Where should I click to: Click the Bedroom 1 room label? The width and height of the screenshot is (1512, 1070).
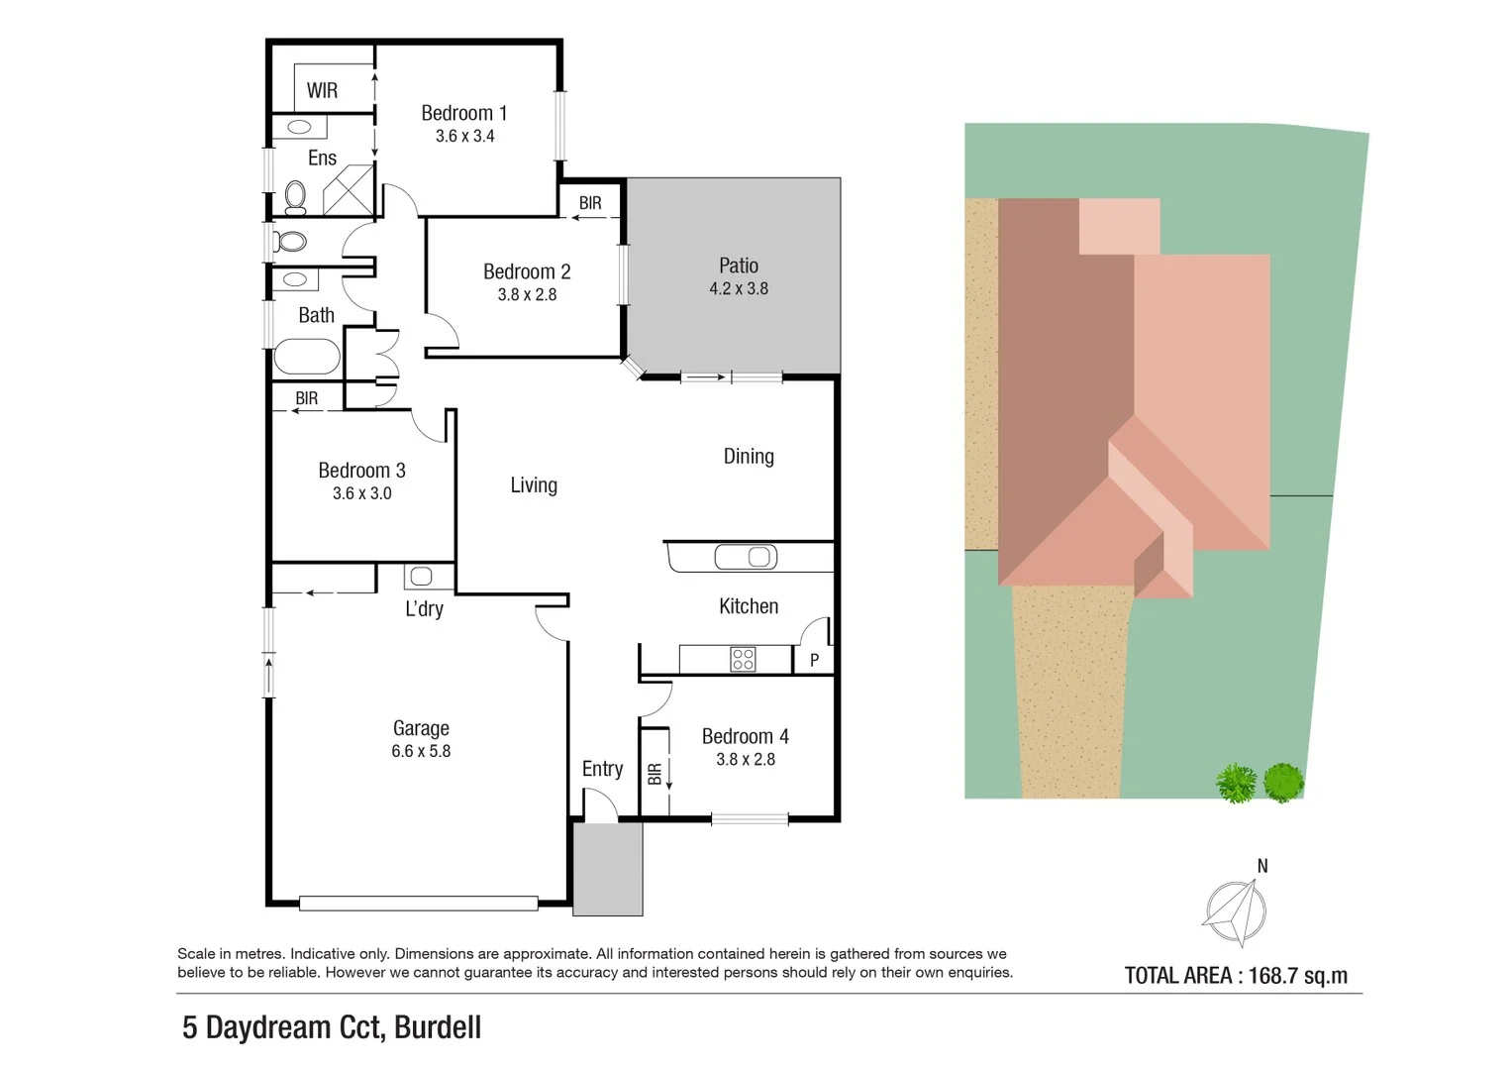point(463,113)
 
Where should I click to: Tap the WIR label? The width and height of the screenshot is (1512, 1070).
point(322,90)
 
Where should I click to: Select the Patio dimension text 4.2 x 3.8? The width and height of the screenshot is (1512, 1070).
point(739,288)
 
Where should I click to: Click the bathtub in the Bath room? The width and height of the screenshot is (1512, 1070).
point(307,356)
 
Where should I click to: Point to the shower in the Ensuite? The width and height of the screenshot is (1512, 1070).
point(349,190)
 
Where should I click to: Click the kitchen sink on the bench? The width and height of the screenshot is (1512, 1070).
point(746,557)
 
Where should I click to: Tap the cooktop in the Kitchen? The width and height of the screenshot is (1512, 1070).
point(744,659)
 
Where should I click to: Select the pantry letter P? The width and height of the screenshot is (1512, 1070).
point(814,660)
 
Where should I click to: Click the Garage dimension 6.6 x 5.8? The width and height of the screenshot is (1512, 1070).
point(421,751)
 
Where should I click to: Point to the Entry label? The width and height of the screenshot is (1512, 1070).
point(603,769)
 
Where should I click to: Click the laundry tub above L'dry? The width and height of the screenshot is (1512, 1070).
point(421,577)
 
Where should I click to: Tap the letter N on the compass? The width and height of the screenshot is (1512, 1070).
point(1262,866)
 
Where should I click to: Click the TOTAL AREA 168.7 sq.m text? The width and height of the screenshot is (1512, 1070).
point(1236,976)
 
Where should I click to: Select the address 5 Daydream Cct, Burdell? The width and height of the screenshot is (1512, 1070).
point(332,1027)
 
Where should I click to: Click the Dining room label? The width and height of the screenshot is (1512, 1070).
point(749,457)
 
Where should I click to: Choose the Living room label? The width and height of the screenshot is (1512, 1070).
point(534,485)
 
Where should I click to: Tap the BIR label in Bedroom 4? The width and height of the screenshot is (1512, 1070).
point(655,774)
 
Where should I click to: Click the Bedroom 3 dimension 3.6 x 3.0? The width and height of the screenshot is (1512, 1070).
point(361,493)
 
